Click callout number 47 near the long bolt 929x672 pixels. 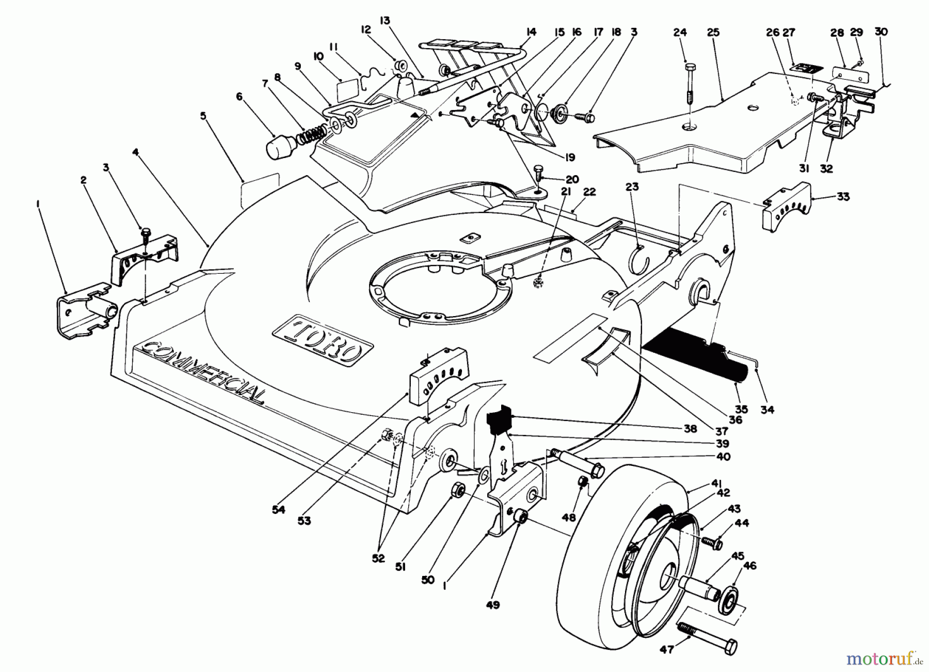[667, 649]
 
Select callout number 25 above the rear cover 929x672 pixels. [713, 32]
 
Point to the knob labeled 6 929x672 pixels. [279, 146]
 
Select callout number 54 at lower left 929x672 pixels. [279, 509]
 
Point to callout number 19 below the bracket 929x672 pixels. [570, 158]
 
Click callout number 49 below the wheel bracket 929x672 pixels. [492, 604]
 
